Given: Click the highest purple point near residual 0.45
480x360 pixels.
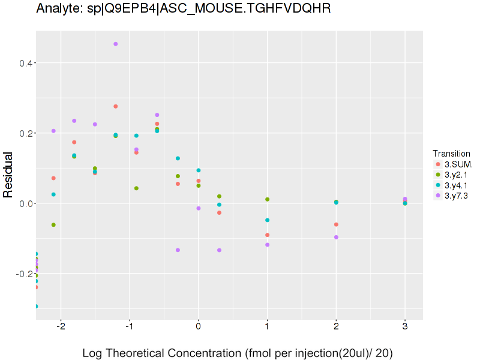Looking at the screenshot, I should (x=115, y=44).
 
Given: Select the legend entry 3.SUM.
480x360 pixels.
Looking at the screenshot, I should (x=458, y=164).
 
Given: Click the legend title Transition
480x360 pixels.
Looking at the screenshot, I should (x=451, y=154).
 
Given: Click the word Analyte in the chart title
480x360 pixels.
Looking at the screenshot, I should (x=59, y=9).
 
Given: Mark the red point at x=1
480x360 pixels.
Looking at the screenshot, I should (x=267, y=235).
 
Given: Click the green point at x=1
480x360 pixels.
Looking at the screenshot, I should (x=267, y=199).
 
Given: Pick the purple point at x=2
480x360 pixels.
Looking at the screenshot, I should (x=336, y=237).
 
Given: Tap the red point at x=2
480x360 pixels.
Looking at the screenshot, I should (x=336, y=224).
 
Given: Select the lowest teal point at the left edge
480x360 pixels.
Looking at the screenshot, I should (x=36, y=306).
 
